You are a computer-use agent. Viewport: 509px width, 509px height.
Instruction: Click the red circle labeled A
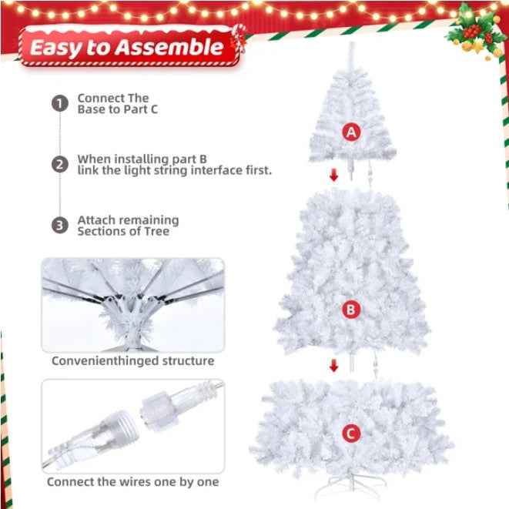point(351,132)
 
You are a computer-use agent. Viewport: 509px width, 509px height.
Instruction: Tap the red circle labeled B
point(351,310)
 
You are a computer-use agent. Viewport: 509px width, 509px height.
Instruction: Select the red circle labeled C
point(351,434)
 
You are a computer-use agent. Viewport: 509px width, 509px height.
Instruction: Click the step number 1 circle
point(60,104)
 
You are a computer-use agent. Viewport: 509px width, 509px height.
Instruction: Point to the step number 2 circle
point(60,165)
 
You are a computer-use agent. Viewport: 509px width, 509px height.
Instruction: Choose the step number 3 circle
point(60,226)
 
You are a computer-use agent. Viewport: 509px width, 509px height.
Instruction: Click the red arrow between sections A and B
point(333,176)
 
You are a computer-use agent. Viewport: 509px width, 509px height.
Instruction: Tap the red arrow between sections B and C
point(333,365)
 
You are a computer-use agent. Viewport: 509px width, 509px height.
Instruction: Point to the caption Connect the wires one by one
point(132,482)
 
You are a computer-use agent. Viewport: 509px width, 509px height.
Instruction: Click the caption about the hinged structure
point(132,360)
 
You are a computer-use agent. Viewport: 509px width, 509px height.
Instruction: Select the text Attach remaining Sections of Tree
point(127,226)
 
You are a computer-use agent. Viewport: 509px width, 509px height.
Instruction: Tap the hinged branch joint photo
point(132,304)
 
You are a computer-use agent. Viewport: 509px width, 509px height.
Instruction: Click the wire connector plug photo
point(132,425)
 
